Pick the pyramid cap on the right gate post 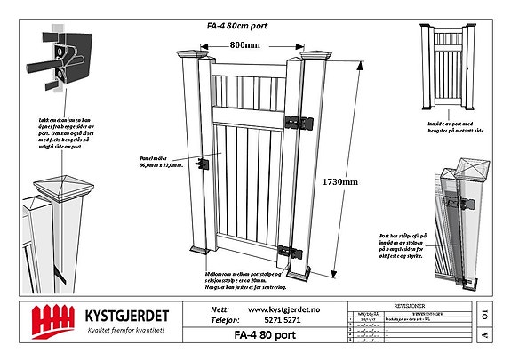coord(315,57)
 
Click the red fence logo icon coord(51,318)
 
